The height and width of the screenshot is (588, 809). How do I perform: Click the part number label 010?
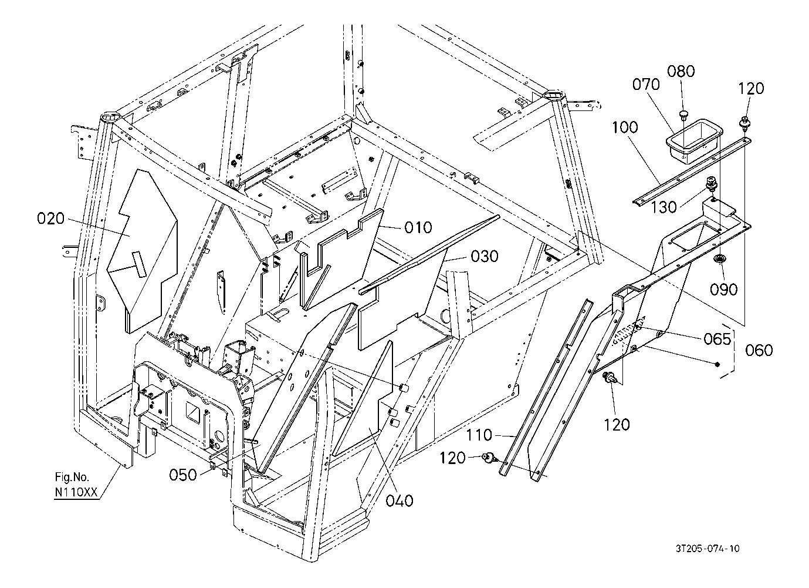pos(418,227)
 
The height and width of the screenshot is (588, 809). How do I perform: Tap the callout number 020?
pos(51,219)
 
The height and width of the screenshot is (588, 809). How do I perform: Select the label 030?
pos(485,256)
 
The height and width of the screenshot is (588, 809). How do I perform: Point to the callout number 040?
pos(399,501)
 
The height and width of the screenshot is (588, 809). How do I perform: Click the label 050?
pos(183,475)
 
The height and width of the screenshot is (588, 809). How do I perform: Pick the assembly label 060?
pos(759,351)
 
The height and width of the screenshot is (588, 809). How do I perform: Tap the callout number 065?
pos(717,339)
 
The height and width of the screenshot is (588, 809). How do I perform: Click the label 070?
pos(646,84)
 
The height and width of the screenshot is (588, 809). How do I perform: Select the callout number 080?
pos(681,71)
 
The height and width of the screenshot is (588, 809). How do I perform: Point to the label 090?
pos(724,289)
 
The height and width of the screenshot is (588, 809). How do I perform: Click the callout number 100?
pos(625,127)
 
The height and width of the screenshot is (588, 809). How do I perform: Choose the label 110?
pos(479,435)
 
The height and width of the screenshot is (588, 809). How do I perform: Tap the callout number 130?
pos(664,207)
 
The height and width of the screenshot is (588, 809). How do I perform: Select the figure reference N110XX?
pos(76,492)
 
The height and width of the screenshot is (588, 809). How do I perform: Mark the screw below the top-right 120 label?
pos(744,123)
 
